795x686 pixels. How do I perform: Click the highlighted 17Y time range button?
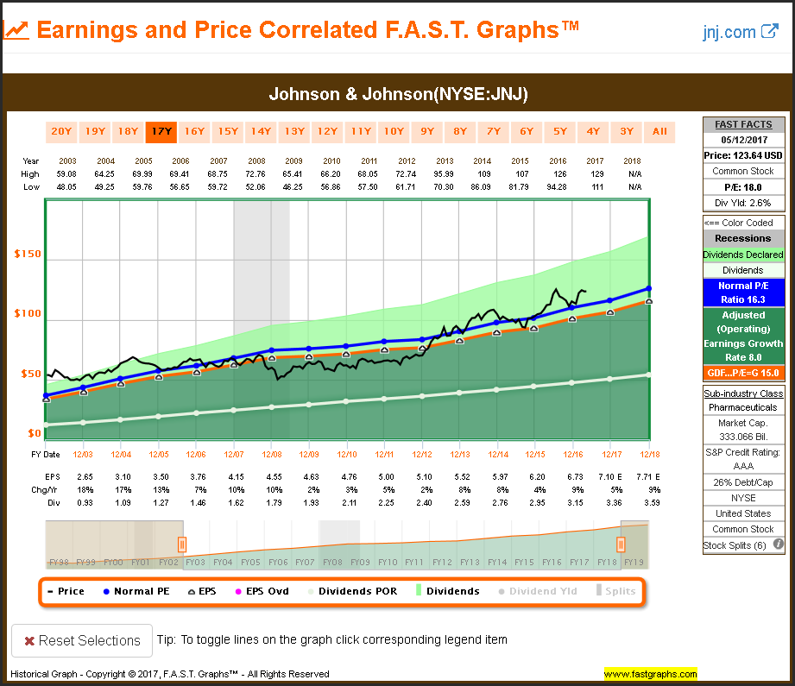(161, 132)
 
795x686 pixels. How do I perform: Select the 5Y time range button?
(560, 132)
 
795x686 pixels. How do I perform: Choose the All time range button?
(659, 132)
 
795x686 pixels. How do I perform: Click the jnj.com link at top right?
(740, 32)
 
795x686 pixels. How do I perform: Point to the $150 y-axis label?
(28, 255)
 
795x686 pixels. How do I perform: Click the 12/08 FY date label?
(272, 454)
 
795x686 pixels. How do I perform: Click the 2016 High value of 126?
(571, 174)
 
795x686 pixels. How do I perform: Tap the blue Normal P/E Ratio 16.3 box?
(742, 293)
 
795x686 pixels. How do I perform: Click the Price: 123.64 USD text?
(742, 154)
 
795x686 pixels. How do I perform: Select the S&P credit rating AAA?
(742, 468)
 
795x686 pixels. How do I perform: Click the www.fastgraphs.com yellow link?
(650, 674)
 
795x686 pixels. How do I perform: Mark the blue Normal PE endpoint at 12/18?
(648, 288)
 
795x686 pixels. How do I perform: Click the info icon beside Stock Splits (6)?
(778, 544)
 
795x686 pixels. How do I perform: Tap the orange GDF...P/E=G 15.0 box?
(742, 373)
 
